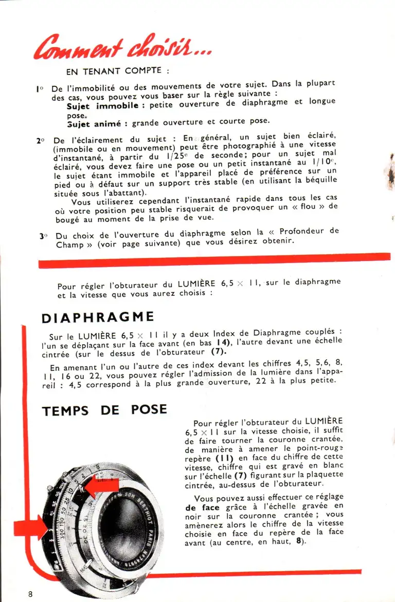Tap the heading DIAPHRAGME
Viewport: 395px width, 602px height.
(x=98, y=316)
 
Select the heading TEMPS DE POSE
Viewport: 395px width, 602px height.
(x=104, y=410)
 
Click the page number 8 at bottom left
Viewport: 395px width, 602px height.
(x=31, y=594)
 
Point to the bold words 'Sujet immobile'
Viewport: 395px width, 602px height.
(x=102, y=105)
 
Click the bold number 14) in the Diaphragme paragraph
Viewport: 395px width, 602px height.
(x=222, y=342)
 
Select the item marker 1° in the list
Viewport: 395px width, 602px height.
(x=40, y=88)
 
